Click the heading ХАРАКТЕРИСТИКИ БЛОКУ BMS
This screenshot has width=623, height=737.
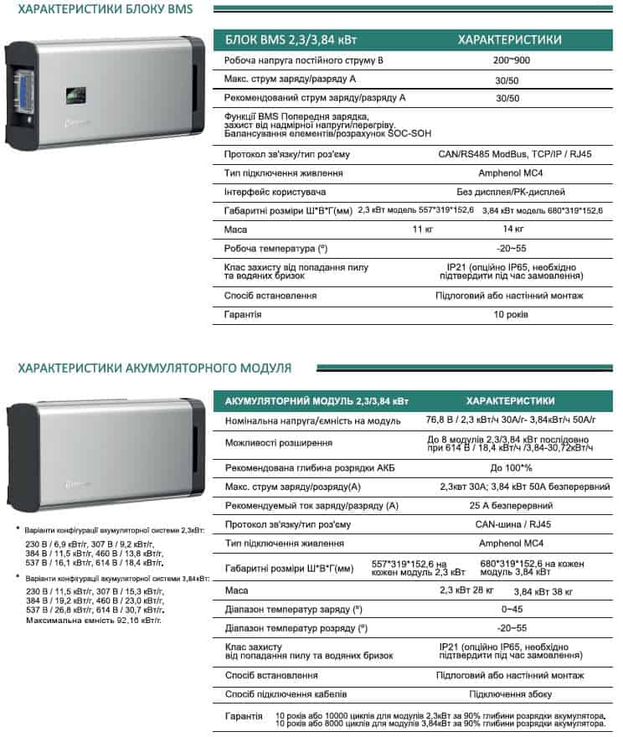[x=105, y=10]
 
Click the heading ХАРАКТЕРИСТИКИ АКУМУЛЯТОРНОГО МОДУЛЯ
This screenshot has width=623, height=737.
[x=154, y=368]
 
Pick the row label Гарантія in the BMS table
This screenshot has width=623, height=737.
[x=243, y=314]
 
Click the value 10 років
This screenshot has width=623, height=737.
[x=510, y=314]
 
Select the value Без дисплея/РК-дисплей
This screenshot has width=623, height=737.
[x=510, y=192]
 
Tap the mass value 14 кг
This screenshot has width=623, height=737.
[x=513, y=229]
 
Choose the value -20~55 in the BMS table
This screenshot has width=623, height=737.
[x=511, y=249]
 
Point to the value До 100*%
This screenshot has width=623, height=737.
[x=510, y=467]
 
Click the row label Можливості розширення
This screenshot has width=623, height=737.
[x=279, y=443]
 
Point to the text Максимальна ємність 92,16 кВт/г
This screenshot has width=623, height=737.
[x=93, y=621]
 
